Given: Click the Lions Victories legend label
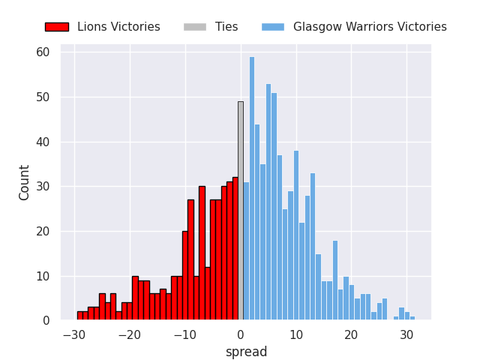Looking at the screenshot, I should click(x=118, y=27).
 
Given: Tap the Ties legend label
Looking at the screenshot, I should click(x=226, y=27).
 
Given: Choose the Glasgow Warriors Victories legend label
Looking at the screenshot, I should click(x=370, y=27).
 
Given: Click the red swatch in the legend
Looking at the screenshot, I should click(x=56, y=27).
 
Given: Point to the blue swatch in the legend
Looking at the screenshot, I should click(x=273, y=27).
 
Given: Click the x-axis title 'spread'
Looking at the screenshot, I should click(x=246, y=352).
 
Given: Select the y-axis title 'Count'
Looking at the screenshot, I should click(x=25, y=182).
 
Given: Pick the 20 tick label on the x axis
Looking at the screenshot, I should click(x=351, y=335).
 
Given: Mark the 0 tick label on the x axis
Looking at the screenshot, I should click(x=241, y=335).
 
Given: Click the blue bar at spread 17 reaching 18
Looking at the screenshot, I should click(x=335, y=280).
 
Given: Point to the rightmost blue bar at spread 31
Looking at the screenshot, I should click(x=412, y=319).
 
